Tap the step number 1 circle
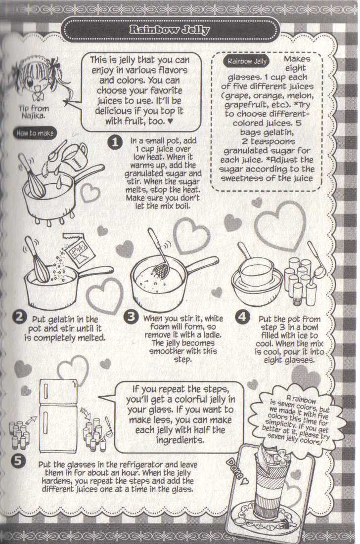click(114, 142)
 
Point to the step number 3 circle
click(130, 317)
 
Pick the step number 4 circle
click(242, 317)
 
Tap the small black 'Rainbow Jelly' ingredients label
click(246, 62)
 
